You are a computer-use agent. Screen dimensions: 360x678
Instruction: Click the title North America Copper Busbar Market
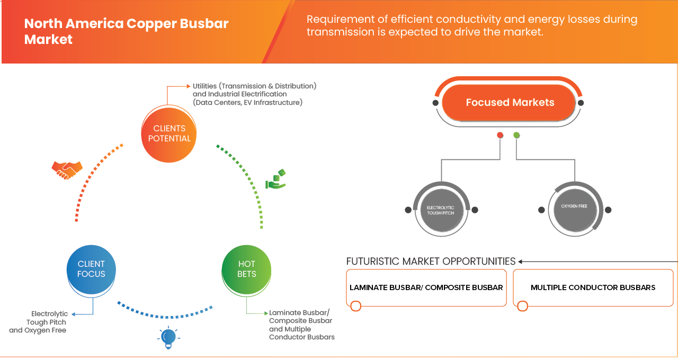[x=126, y=31]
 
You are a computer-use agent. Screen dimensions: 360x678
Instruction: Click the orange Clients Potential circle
[x=169, y=133]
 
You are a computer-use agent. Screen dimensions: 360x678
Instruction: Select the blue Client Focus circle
[x=91, y=269]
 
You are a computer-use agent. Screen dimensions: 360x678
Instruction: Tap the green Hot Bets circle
[x=246, y=269]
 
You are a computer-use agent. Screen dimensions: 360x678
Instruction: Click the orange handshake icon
[x=67, y=169]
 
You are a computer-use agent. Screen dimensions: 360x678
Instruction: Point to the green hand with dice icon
[x=276, y=180]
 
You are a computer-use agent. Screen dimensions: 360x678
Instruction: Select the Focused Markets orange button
[x=509, y=102]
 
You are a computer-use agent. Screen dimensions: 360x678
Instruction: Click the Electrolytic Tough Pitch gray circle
[x=441, y=210]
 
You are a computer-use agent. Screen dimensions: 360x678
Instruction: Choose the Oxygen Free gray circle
[x=574, y=210]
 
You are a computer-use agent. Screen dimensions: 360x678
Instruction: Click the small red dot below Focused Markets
[x=499, y=136]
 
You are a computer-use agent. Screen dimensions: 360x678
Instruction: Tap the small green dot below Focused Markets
[x=516, y=136]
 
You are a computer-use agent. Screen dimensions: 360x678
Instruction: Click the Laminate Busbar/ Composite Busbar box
[x=426, y=287]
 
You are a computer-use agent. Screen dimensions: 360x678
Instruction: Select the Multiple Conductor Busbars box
[x=593, y=287]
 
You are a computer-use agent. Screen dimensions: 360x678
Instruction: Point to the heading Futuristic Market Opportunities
[x=431, y=261]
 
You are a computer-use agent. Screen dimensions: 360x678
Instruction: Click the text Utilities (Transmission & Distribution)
[x=254, y=86]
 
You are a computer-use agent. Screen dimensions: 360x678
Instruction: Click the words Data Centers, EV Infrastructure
[x=247, y=102]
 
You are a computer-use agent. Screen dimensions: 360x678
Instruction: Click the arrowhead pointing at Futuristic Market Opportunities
[x=521, y=262]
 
